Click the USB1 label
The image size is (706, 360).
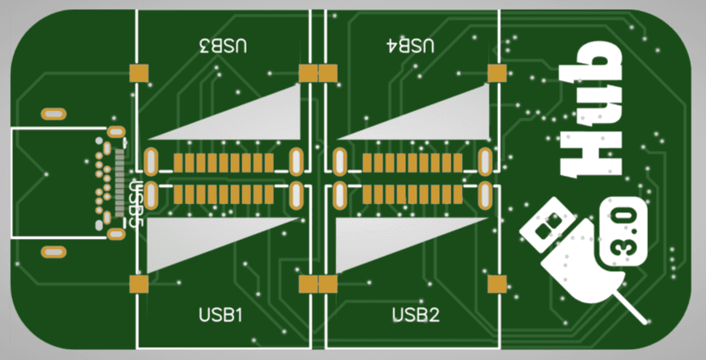[x=222, y=315]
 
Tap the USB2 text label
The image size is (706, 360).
[x=415, y=315]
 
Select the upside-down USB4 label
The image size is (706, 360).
[x=411, y=45]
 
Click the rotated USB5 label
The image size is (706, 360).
[x=135, y=198]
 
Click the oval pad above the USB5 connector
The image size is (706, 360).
[x=54, y=113]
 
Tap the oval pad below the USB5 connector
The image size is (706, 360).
[x=54, y=252]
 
